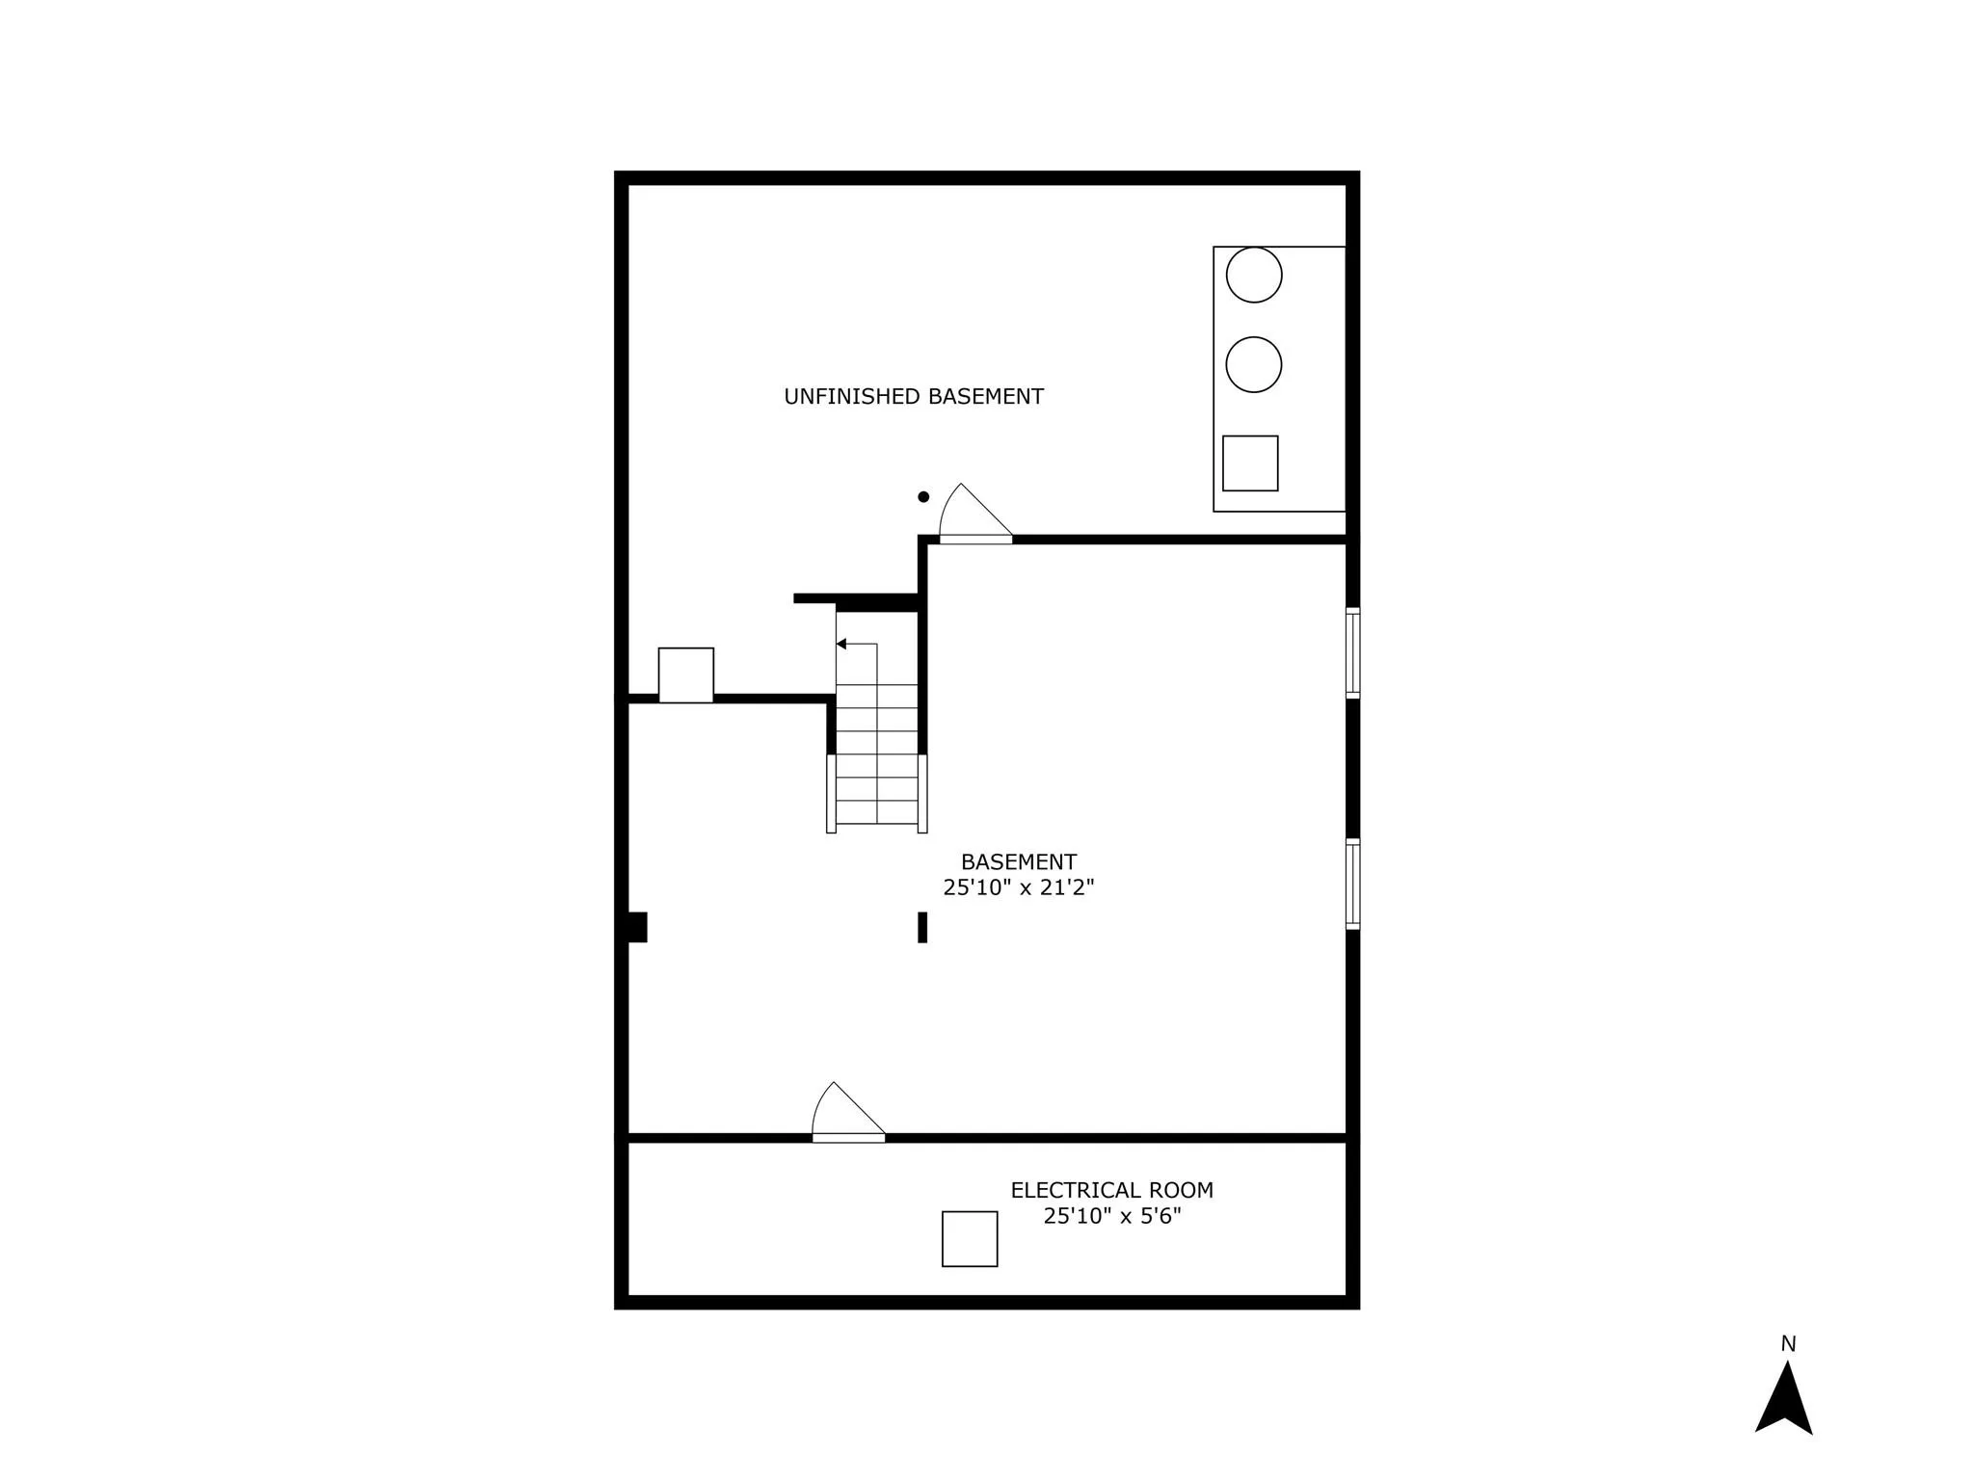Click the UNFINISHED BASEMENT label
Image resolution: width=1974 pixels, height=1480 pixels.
[x=913, y=396]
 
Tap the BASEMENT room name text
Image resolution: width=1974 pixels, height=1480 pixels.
[x=1018, y=861]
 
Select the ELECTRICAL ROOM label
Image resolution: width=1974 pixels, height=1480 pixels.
[x=1111, y=1190]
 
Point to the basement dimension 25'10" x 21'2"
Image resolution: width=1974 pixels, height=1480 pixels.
[x=1018, y=887]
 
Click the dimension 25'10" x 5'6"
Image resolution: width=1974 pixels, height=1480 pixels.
[x=1111, y=1216]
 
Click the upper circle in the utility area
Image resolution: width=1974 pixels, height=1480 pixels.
[x=1253, y=275]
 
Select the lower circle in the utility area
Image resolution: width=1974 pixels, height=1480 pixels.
[x=1253, y=364]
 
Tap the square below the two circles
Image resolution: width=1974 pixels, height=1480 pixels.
[x=1250, y=463]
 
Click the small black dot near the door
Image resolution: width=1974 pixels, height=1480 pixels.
[x=923, y=497]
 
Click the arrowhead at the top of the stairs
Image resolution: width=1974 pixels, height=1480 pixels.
[x=841, y=644]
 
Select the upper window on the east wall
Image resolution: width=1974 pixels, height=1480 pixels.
[x=1352, y=652]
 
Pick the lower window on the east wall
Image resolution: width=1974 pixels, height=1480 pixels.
[x=1352, y=884]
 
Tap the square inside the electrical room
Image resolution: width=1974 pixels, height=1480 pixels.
[x=970, y=1238]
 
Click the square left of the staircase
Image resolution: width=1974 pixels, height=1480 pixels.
[x=685, y=674]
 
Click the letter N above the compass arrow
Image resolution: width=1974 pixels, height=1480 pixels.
[x=1788, y=1343]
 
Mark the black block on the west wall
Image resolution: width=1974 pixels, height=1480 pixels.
[x=636, y=927]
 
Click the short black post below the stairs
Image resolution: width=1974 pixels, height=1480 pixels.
[x=922, y=927]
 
